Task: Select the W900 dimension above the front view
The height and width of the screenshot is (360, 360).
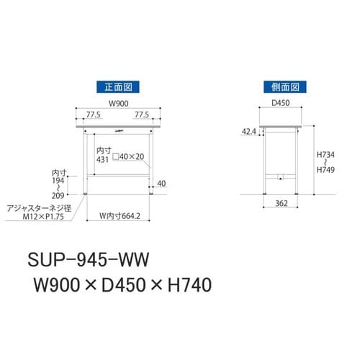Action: [117, 104]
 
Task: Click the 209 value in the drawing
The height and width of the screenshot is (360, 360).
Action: [58, 194]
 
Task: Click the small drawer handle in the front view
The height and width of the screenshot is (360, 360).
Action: [118, 131]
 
